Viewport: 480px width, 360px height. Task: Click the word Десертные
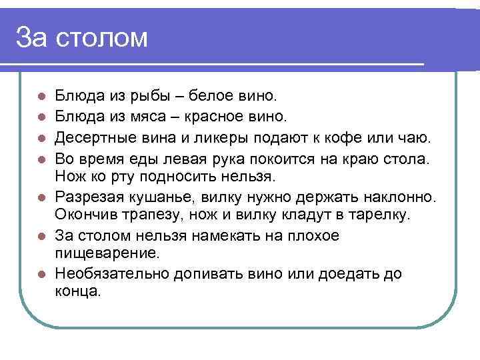pos(98,138)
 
